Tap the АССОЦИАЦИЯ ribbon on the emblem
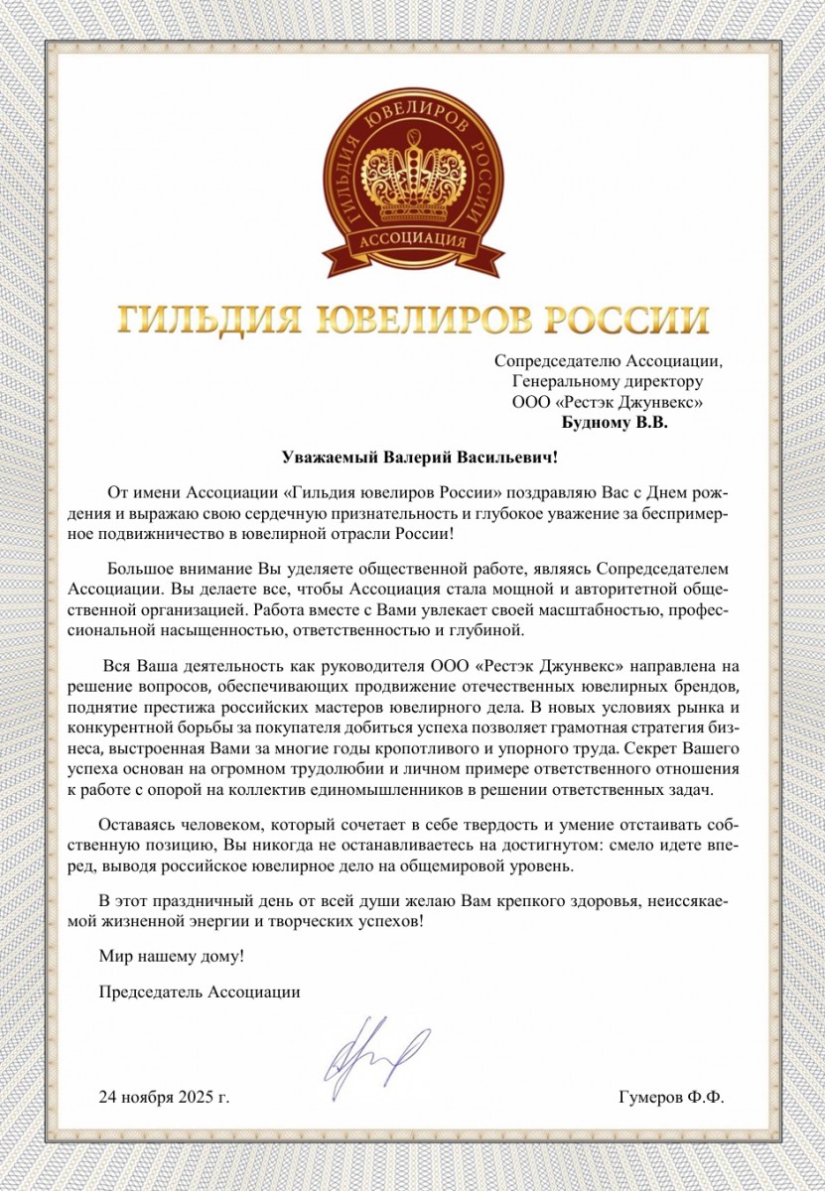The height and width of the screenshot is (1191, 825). tap(412, 241)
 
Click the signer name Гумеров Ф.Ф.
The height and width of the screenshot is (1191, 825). tap(671, 1098)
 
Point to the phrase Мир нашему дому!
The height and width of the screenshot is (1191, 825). tap(171, 958)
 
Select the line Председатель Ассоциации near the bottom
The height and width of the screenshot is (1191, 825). tap(200, 991)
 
